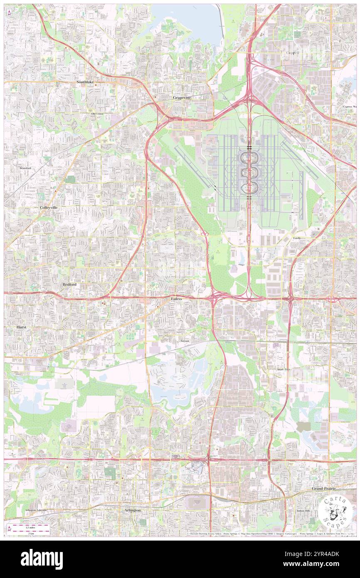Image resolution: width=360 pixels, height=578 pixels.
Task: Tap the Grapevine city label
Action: [x=182, y=97]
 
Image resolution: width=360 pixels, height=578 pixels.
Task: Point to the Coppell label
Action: [x=293, y=53]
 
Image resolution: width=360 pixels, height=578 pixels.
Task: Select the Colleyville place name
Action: [x=49, y=207]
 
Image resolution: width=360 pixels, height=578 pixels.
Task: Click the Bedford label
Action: [x=69, y=284]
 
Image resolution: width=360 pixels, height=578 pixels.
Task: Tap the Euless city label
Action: [x=176, y=299]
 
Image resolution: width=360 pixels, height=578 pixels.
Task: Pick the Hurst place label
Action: [x=21, y=327]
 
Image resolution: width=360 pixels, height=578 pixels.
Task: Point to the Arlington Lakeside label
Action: [x=36, y=510]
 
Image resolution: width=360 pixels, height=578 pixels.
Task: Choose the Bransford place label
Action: [x=25, y=168]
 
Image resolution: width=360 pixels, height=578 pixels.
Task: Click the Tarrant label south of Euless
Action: [x=185, y=341]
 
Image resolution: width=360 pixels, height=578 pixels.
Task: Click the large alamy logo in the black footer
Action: [x=42, y=558]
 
